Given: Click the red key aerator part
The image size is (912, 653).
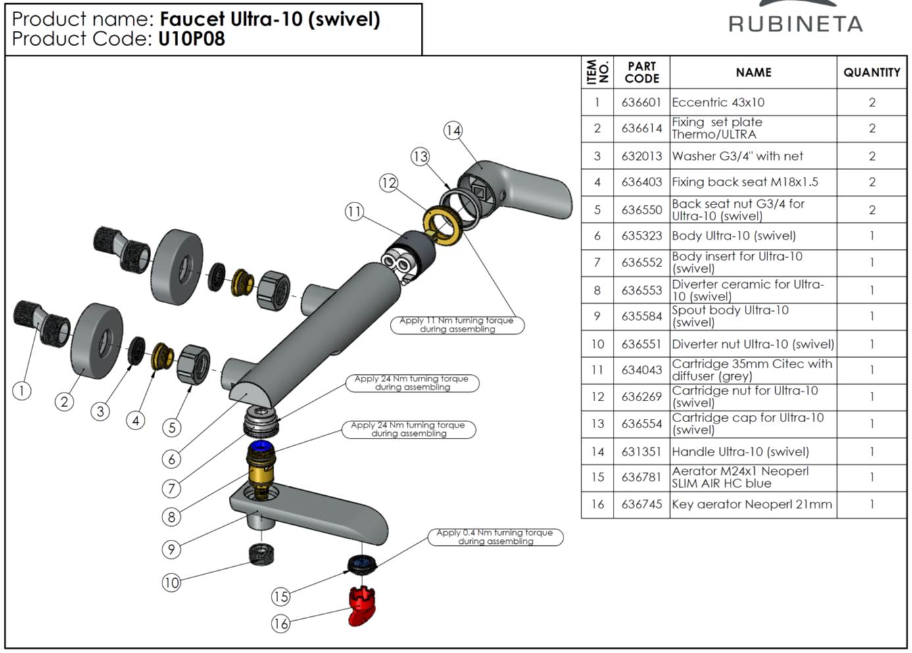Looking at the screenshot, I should click(x=362, y=606).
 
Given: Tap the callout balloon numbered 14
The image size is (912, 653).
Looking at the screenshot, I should click(x=453, y=130).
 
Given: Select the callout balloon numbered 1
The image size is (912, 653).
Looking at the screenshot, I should click(x=22, y=391).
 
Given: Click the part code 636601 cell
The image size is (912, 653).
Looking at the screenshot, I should click(x=641, y=103).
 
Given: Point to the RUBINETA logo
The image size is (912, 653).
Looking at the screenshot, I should click(x=795, y=24).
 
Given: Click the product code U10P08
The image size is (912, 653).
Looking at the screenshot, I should click(x=191, y=39).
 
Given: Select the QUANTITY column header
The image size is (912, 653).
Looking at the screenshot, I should click(x=872, y=72).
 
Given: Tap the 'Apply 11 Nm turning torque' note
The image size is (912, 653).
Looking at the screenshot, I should click(x=457, y=325).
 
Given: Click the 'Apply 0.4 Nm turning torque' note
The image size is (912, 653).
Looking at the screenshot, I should click(x=495, y=537).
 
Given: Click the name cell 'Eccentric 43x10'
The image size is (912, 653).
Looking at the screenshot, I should click(x=719, y=103).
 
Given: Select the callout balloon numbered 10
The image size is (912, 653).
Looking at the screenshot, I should click(x=172, y=582).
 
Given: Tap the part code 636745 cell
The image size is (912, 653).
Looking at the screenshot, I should click(x=641, y=504).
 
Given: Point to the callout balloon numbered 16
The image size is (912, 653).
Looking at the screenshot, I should click(x=281, y=623).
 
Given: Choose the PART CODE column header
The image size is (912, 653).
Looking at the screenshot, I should click(x=641, y=72).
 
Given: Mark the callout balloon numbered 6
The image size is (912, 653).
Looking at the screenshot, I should click(x=172, y=458).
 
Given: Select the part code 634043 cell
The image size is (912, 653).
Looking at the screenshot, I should click(x=641, y=370).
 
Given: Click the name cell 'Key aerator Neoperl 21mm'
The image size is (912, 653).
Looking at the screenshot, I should click(x=752, y=504).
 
